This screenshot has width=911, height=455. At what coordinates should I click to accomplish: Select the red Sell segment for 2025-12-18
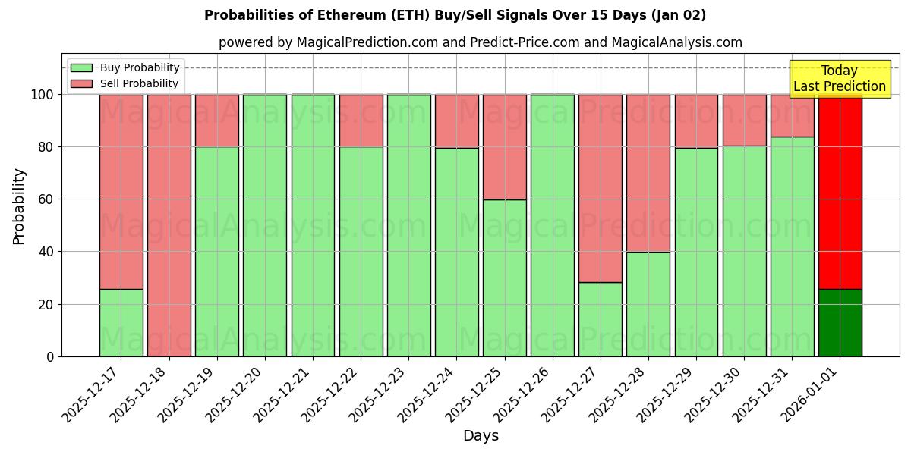click(x=169, y=225)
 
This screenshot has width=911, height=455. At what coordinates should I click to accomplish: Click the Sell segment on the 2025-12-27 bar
click(x=600, y=188)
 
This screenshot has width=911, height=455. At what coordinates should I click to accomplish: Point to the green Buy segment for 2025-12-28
click(x=648, y=304)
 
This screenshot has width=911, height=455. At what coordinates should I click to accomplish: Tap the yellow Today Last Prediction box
click(x=839, y=79)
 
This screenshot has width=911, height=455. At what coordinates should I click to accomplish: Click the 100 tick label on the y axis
click(x=42, y=95)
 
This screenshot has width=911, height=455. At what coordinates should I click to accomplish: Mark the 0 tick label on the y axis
click(x=50, y=356)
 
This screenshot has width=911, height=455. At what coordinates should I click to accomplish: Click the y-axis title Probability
click(x=19, y=206)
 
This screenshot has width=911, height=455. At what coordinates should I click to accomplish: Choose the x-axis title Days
click(x=481, y=436)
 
